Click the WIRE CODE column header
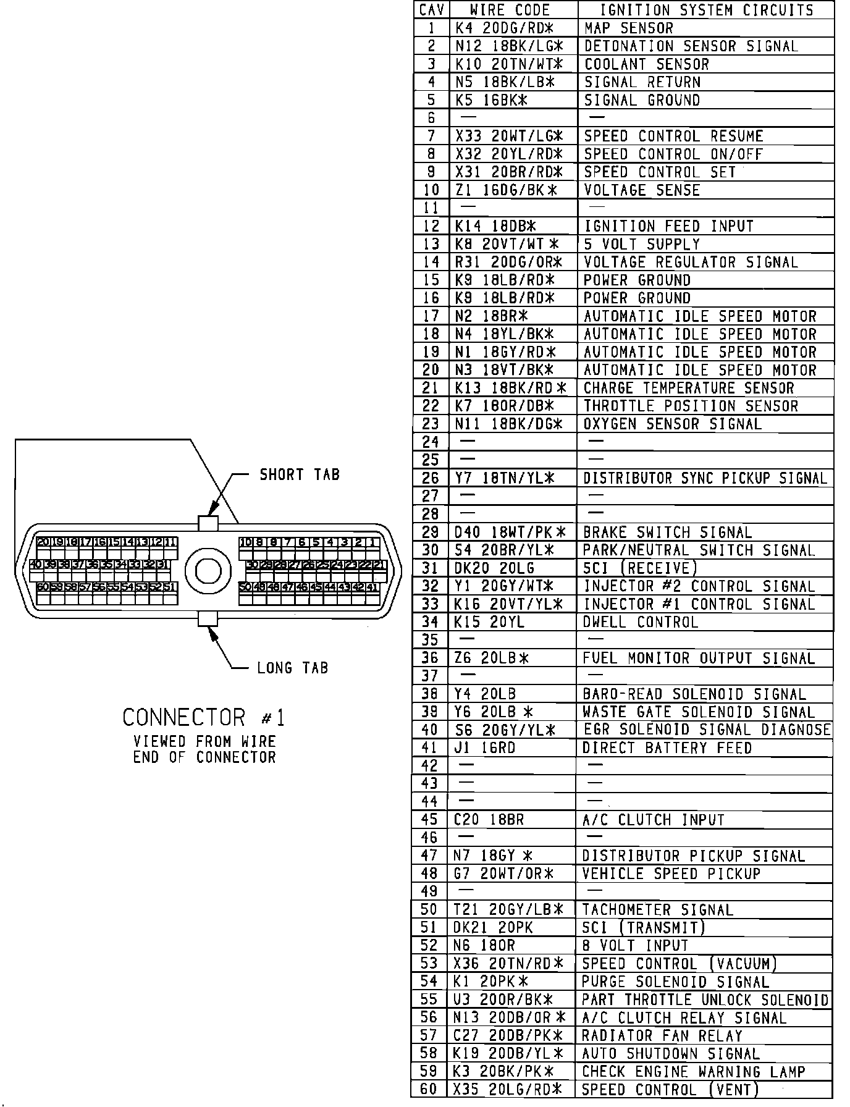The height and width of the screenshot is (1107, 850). [510, 10]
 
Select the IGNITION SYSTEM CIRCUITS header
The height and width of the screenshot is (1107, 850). [707, 10]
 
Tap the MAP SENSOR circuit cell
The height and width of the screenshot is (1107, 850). [628, 28]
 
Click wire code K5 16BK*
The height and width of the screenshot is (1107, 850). [491, 100]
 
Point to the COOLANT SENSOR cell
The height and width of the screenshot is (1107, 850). [646, 64]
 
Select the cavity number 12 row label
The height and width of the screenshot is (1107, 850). [431, 227]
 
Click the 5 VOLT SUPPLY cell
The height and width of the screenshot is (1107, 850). [641, 245]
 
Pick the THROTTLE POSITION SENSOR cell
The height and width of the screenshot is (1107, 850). [690, 406]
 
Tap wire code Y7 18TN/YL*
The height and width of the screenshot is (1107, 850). [505, 478]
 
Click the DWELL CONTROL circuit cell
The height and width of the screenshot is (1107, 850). [640, 622]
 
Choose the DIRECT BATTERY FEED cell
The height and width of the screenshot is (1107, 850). [667, 748]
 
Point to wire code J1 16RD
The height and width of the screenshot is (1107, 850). [484, 748]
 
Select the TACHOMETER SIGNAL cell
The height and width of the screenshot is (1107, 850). [657, 910]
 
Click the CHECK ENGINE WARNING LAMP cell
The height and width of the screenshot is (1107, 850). [694, 1072]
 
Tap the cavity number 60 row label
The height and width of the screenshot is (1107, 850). [429, 1090]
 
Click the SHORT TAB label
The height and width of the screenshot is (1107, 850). [300, 475]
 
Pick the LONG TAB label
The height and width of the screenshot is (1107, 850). [292, 668]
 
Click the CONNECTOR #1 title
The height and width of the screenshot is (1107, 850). [204, 718]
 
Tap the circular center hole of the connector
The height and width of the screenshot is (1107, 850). [208, 570]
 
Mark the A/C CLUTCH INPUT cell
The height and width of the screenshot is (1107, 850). [652, 820]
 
